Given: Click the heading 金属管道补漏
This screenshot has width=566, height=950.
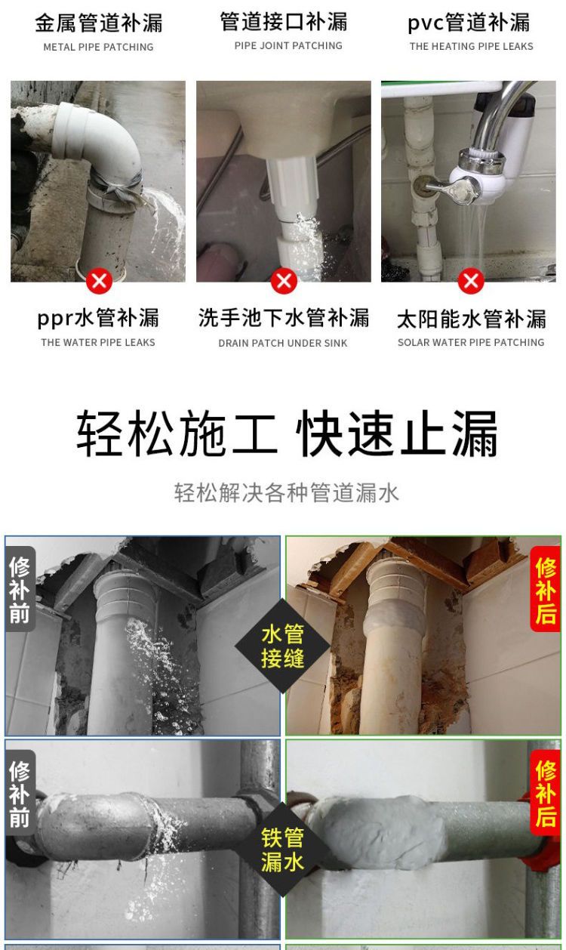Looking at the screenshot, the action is pyautogui.click(x=99, y=23).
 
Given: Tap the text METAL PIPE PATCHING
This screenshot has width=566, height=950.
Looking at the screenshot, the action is pyautogui.click(x=98, y=47).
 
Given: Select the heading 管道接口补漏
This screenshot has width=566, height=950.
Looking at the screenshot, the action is pyautogui.click(x=284, y=22).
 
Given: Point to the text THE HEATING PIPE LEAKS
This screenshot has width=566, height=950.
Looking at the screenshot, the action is pyautogui.click(x=471, y=46).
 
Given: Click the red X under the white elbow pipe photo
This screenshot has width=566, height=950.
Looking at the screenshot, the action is pyautogui.click(x=99, y=281).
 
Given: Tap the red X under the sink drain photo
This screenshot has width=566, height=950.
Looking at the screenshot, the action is pyautogui.click(x=284, y=281).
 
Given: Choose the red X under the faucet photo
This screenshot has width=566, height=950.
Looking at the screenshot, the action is pyautogui.click(x=471, y=281).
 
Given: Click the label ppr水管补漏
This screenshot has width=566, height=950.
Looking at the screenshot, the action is pyautogui.click(x=98, y=318).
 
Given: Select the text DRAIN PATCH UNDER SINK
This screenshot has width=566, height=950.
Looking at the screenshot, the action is pyautogui.click(x=283, y=343).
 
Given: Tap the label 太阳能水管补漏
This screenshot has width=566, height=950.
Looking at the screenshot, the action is pyautogui.click(x=472, y=319).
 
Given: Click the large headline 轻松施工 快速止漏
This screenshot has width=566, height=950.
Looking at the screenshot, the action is pyautogui.click(x=287, y=433).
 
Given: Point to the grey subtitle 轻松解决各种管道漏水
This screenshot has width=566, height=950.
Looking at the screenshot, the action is pyautogui.click(x=287, y=493).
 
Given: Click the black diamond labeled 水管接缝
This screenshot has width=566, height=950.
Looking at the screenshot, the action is pyautogui.click(x=282, y=646).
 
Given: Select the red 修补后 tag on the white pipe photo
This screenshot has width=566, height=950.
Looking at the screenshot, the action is pyautogui.click(x=546, y=591).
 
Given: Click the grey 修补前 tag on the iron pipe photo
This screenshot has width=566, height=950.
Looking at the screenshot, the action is pyautogui.click(x=20, y=793).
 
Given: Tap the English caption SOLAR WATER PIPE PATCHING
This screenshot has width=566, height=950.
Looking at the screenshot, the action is pyautogui.click(x=471, y=342).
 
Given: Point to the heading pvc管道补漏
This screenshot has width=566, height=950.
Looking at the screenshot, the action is pyautogui.click(x=469, y=23).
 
